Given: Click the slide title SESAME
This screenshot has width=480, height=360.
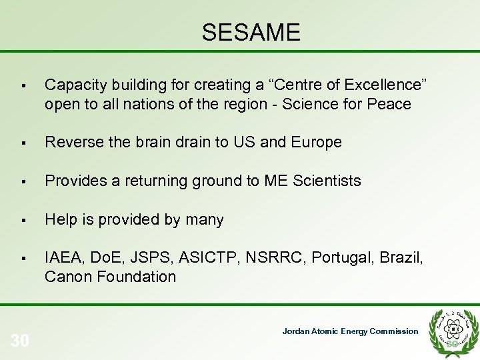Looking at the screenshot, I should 251,32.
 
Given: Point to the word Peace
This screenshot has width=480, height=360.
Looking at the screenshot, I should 391,104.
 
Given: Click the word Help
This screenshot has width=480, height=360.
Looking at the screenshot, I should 60,219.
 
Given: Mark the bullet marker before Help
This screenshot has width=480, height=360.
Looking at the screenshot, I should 23,220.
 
